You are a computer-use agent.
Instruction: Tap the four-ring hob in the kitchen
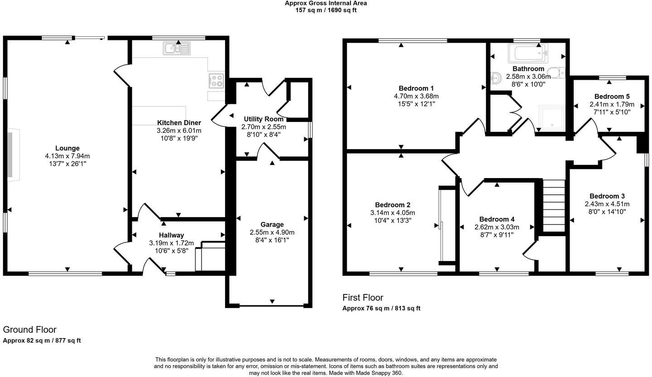click(x=216, y=81)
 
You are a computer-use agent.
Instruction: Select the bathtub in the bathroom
click(x=528, y=53)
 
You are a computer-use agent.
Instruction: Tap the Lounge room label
click(x=67, y=148)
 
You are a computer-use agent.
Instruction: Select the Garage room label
click(x=272, y=224)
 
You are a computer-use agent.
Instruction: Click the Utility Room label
click(x=264, y=119)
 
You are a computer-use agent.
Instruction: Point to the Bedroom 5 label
click(x=612, y=97)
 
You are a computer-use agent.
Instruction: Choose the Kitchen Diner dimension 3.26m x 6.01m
click(x=179, y=130)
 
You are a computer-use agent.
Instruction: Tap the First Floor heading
click(x=363, y=298)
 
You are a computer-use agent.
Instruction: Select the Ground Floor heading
click(x=29, y=330)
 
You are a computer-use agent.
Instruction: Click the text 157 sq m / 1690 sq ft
click(x=326, y=10)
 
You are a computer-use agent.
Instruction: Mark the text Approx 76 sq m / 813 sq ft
click(x=381, y=309)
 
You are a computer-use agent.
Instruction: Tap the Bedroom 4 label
click(x=497, y=219)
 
